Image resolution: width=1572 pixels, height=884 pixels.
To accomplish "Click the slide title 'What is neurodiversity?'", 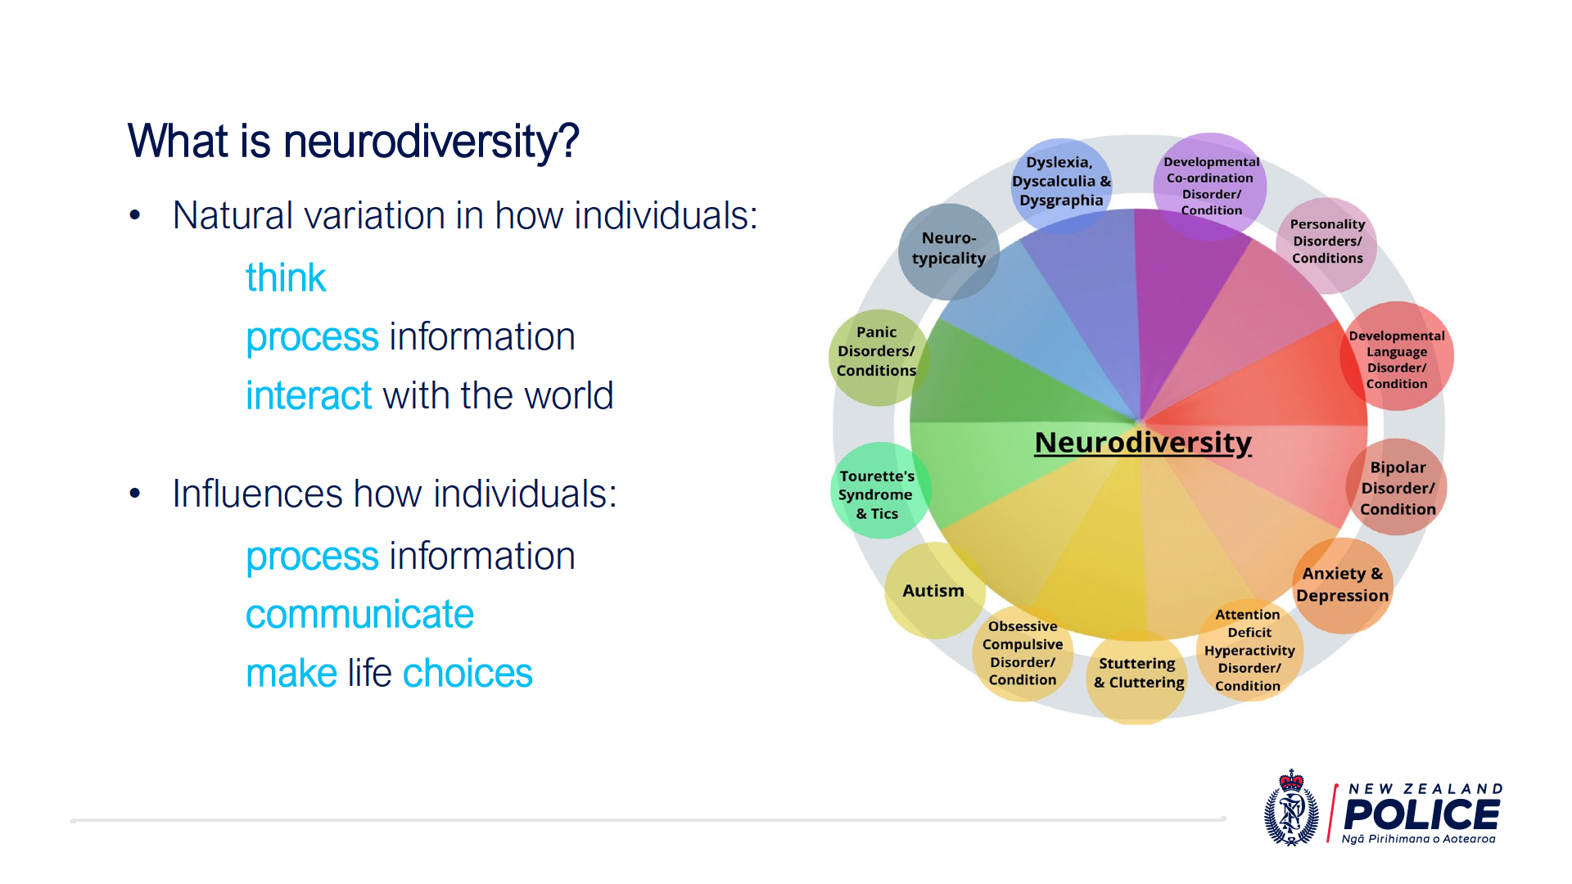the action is coord(353,141).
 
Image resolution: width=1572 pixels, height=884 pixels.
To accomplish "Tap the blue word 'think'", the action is coord(286,277).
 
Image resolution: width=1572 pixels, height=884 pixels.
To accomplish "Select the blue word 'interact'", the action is coord(309,395).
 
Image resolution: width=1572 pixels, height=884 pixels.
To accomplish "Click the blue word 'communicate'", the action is coord(359,615).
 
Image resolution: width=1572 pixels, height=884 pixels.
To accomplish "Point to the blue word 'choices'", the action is coord(468,673).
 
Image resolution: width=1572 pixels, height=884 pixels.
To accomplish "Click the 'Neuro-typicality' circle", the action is coord(949,250).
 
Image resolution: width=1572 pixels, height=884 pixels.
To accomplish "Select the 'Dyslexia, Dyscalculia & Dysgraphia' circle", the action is coord(1062,184).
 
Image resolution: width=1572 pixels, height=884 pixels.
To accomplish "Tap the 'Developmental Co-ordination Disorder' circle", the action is coord(1210,186).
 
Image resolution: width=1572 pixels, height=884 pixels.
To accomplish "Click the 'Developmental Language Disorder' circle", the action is coord(1397,356).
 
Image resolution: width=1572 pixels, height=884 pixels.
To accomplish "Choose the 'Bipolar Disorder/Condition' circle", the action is coord(1397,487).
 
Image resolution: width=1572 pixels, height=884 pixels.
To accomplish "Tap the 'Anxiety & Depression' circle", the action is coord(1343,585).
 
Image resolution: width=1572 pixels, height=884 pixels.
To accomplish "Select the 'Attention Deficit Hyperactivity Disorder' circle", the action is coord(1249,649).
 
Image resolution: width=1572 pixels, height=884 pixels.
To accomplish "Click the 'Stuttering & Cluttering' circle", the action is coord(1138,674).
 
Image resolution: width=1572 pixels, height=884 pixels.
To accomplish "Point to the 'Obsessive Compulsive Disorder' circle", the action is coord(1023,653).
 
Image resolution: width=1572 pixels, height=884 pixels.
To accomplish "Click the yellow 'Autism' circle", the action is coord(935,590).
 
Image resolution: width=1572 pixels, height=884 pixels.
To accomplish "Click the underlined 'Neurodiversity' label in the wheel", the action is coord(1143,443).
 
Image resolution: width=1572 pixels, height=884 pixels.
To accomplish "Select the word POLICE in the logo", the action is coord(1422,815).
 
